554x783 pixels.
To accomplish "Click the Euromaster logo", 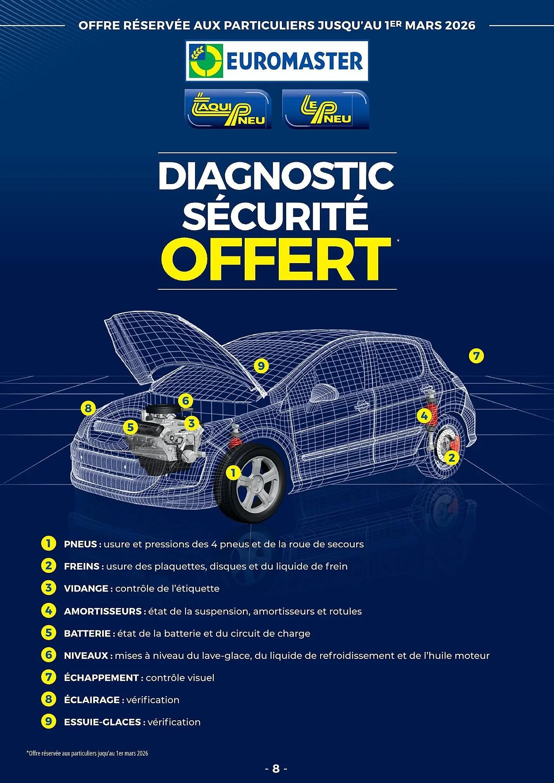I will click(x=276, y=61).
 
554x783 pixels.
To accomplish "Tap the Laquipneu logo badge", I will click(x=228, y=109).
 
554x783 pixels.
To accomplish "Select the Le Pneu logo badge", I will click(x=325, y=109).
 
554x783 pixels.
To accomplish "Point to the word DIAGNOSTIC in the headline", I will click(x=276, y=176).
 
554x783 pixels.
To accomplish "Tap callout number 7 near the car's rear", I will click(x=476, y=356).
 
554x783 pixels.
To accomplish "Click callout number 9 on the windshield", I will click(x=261, y=366).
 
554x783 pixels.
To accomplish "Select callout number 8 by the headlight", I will click(x=88, y=408).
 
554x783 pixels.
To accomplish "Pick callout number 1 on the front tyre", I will click(x=233, y=473).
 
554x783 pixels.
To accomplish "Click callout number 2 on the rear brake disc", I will click(x=451, y=457).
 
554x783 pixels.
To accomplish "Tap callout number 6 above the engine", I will click(x=186, y=401).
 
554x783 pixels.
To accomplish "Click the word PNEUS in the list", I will click(x=80, y=544).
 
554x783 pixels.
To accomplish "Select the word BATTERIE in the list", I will click(x=87, y=633).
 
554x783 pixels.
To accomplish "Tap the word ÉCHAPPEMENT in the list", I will click(x=101, y=678).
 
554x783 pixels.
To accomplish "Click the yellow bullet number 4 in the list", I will click(x=48, y=611).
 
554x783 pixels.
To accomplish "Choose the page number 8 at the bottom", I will click(x=276, y=769).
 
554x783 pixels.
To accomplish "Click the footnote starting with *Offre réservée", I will click(x=87, y=753).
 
